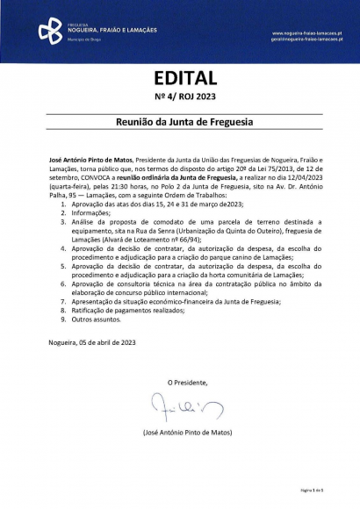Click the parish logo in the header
50,32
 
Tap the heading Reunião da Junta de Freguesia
179,125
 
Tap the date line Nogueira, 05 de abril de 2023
91,341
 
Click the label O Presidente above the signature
188,383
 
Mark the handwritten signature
179,406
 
